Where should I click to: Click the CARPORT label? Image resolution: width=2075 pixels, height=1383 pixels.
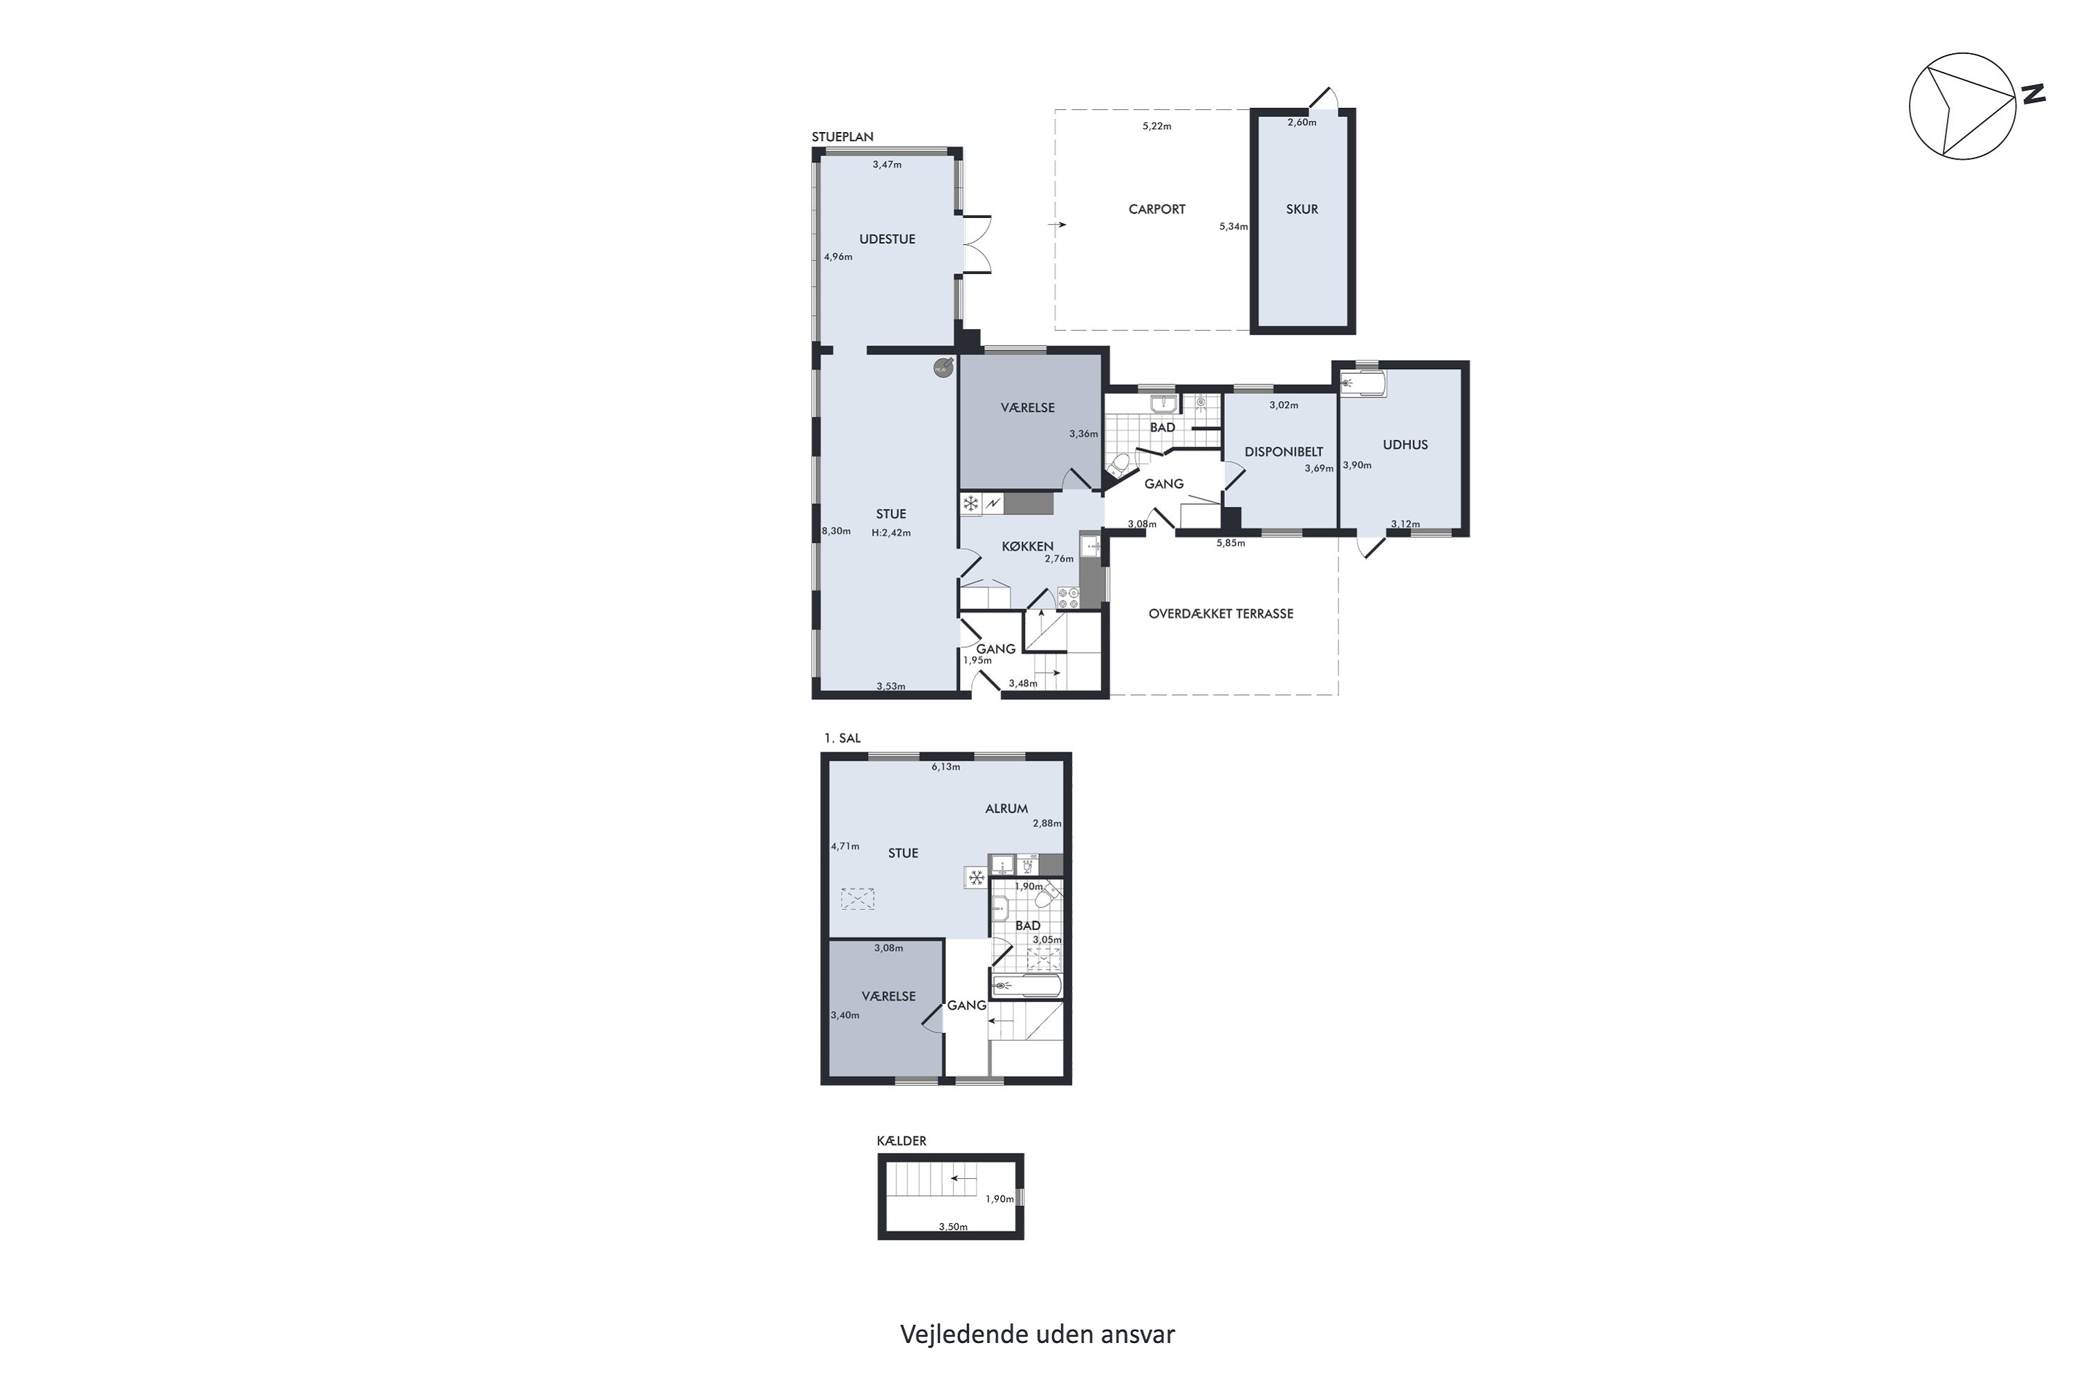pyautogui.click(x=1156, y=209)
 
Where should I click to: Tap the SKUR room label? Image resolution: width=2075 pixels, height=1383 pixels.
pyautogui.click(x=1302, y=209)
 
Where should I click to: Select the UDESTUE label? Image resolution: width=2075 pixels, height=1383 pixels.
pyautogui.click(x=887, y=239)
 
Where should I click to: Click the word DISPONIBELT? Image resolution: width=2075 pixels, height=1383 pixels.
pyautogui.click(x=1284, y=452)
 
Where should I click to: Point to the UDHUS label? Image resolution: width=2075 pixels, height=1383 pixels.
pyautogui.click(x=1405, y=445)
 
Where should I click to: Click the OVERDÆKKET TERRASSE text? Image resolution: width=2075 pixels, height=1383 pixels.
pyautogui.click(x=1221, y=614)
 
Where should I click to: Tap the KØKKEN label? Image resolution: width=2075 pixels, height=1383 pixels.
pyautogui.click(x=1028, y=546)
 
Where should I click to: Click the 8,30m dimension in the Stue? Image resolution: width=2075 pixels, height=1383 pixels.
pyautogui.click(x=836, y=531)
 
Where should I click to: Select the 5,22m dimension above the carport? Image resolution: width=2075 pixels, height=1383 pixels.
pyautogui.click(x=1156, y=126)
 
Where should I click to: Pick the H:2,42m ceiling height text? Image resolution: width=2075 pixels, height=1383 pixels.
pyautogui.click(x=891, y=532)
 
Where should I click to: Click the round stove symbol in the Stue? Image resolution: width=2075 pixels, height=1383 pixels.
pyautogui.click(x=943, y=367)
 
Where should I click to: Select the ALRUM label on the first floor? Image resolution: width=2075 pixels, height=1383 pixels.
pyautogui.click(x=1006, y=808)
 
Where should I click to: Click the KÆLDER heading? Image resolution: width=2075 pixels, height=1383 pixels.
pyautogui.click(x=902, y=1140)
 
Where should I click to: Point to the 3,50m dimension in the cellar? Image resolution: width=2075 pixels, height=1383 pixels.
pyautogui.click(x=953, y=1227)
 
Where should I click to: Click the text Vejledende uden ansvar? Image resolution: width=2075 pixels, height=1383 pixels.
pyautogui.click(x=1037, y=1334)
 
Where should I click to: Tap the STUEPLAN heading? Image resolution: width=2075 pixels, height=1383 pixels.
pyautogui.click(x=842, y=137)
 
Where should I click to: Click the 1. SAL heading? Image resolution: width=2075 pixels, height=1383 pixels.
pyautogui.click(x=842, y=739)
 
